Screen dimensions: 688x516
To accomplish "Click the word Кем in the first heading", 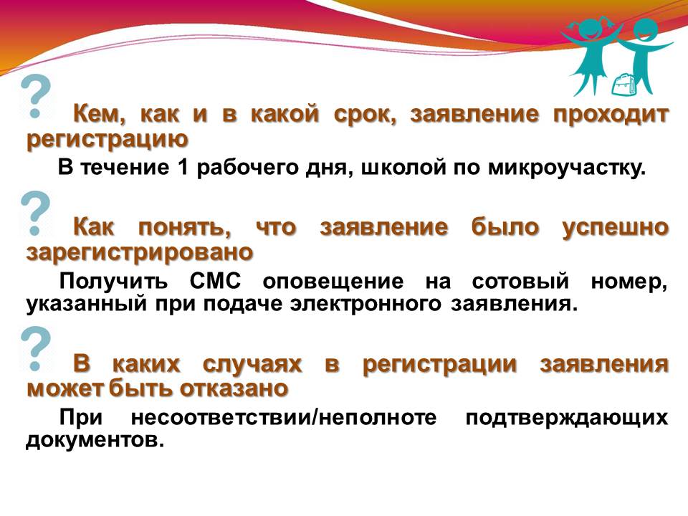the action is point(100,114).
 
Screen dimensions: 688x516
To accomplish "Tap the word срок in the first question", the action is point(365,115).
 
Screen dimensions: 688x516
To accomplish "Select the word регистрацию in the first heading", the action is point(107,140).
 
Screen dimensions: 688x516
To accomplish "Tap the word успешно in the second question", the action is point(615,228).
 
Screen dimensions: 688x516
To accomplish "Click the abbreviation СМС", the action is point(216,281).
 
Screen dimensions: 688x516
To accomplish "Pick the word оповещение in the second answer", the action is point(333,282).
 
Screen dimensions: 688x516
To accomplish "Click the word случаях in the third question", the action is point(252,365).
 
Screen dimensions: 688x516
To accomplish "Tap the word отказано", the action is point(234,388).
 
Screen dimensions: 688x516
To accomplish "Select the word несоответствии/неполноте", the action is point(284,417).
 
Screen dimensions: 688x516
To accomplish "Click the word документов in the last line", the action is point(95,440).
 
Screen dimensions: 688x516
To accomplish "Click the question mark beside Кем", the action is point(36,97).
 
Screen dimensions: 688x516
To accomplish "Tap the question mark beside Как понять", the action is point(36,214).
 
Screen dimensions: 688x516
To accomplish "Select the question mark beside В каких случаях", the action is point(36,349).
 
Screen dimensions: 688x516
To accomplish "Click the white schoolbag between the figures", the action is point(623,85).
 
